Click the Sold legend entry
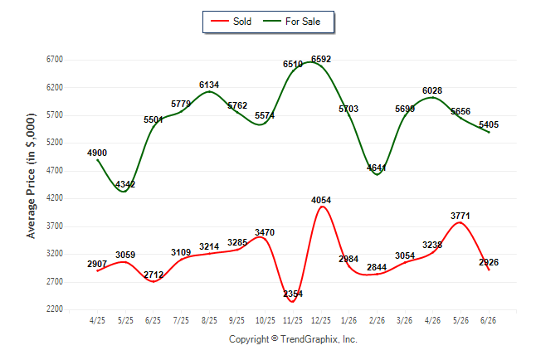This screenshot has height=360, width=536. [x=231, y=22]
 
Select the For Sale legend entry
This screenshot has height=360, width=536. [x=291, y=22]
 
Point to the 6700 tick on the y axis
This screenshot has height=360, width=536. [x=55, y=60]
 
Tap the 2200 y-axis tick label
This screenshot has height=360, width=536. [x=55, y=309]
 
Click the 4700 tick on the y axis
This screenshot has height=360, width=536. [x=55, y=170]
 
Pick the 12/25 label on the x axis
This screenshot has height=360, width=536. [x=321, y=320]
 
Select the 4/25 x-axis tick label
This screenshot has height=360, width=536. [x=97, y=320]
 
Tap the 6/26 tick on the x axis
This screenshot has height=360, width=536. [x=488, y=320]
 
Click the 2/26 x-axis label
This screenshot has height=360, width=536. [x=377, y=320]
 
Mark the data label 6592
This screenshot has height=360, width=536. [x=321, y=59]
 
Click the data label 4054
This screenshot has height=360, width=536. [x=321, y=200]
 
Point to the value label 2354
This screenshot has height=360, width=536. [x=293, y=294]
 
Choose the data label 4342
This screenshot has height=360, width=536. [x=125, y=185]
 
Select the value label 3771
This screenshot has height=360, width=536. [x=460, y=216]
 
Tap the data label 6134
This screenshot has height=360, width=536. [x=209, y=85]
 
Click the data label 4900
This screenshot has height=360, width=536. [x=97, y=153]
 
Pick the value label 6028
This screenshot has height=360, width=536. [x=432, y=90]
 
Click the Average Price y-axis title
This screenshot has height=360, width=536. [x=31, y=176]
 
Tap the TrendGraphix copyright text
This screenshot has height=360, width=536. [x=293, y=339]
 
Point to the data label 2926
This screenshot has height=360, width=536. [x=489, y=262]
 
